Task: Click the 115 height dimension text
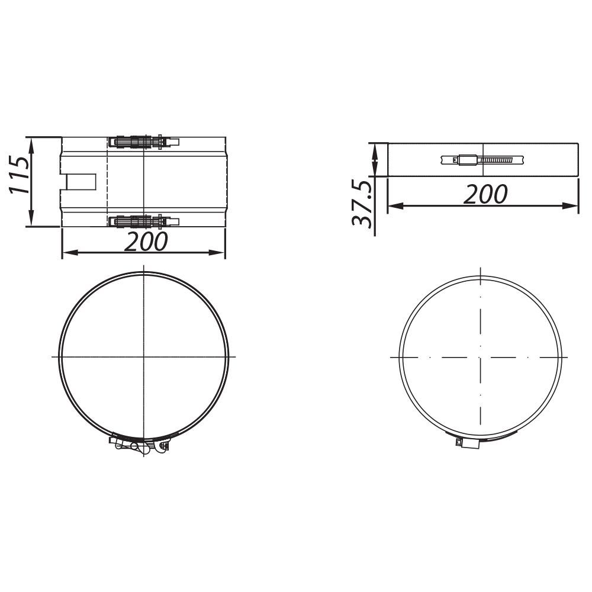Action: (20, 175)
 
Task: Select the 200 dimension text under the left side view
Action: (146, 242)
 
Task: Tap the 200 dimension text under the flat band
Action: (485, 194)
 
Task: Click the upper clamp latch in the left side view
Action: (144, 142)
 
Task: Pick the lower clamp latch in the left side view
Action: (144, 221)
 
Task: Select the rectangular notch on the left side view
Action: (82, 182)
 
